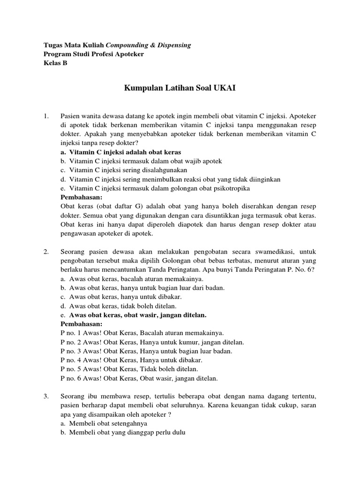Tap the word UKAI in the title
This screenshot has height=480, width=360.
[225, 88]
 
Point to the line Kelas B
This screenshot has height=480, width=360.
[55, 63]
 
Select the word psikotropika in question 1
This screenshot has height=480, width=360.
[228, 188]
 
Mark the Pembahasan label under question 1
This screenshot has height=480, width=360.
[82, 197]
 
